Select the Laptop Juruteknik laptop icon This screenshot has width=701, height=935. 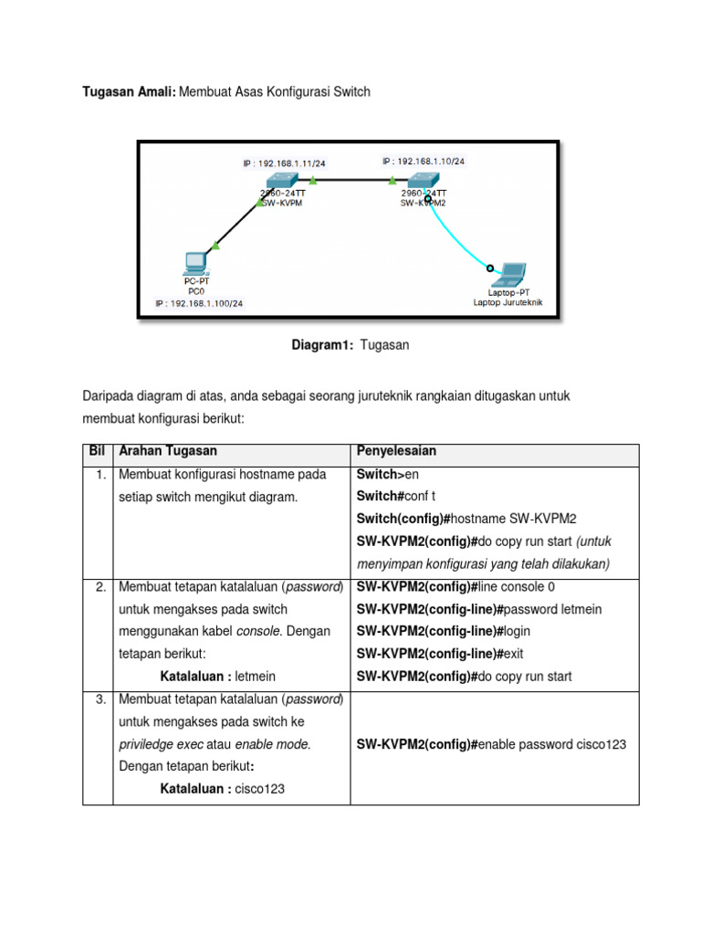[509, 273]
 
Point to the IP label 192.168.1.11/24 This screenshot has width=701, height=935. [284, 163]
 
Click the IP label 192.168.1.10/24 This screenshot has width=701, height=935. [423, 161]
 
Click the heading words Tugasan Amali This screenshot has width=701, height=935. [130, 92]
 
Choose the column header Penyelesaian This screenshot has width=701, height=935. [396, 451]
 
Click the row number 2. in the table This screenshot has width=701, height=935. [100, 586]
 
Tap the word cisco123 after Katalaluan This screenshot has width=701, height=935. [260, 789]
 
